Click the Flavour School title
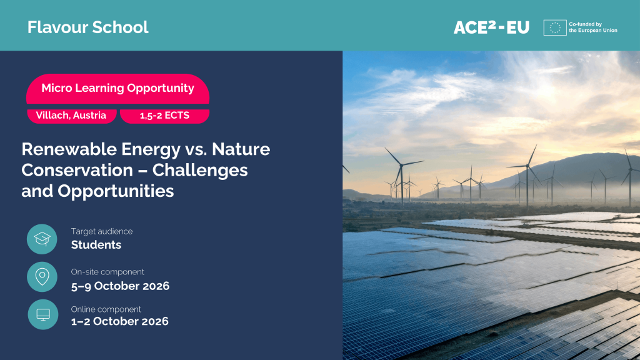coord(87,27)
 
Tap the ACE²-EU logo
coord(491,27)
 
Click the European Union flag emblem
coord(555,27)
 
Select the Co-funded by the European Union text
coord(593,27)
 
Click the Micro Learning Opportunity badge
coord(117,88)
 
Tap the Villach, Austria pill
coord(71,116)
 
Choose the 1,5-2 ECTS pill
coord(164,116)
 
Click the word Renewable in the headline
coord(69,149)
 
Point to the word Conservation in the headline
coord(77,170)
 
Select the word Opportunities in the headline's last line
coord(116,191)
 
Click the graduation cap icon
coord(42,239)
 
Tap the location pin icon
coord(42,277)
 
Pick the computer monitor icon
coord(43,314)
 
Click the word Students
coord(96,244)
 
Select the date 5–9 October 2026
coord(120,286)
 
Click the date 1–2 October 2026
coord(119,321)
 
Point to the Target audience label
coord(102,231)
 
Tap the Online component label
coord(106,309)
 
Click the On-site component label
coord(107,272)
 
